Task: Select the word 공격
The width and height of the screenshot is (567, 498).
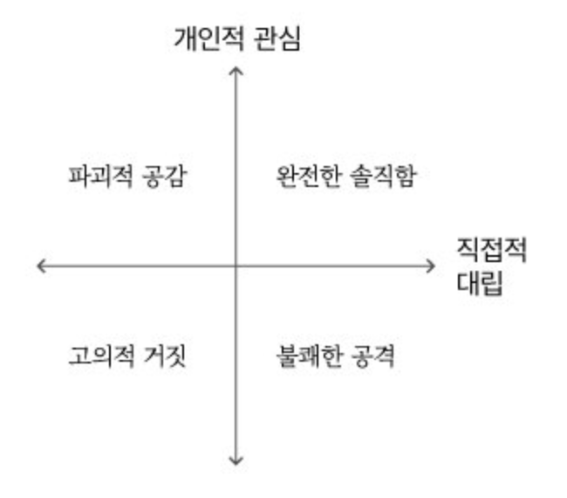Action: [372, 356]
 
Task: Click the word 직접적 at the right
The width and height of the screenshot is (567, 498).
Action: [492, 252]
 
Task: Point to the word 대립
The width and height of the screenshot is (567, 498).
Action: [480, 284]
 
